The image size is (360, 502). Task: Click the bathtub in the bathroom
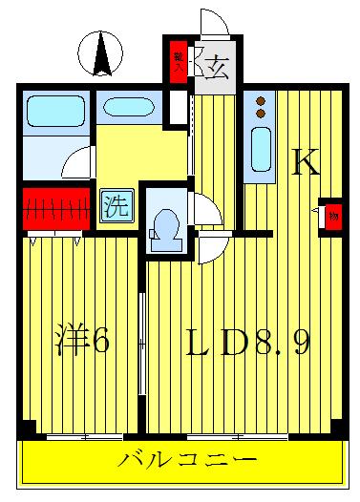coord(54,115)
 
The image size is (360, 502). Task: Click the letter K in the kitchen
coord(304,163)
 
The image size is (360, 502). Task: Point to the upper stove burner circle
coord(261,100)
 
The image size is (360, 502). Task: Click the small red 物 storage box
coord(331,215)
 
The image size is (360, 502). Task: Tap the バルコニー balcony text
coord(188,460)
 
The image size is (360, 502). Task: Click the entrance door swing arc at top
coord(212,24)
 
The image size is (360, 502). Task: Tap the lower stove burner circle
coord(261,115)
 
